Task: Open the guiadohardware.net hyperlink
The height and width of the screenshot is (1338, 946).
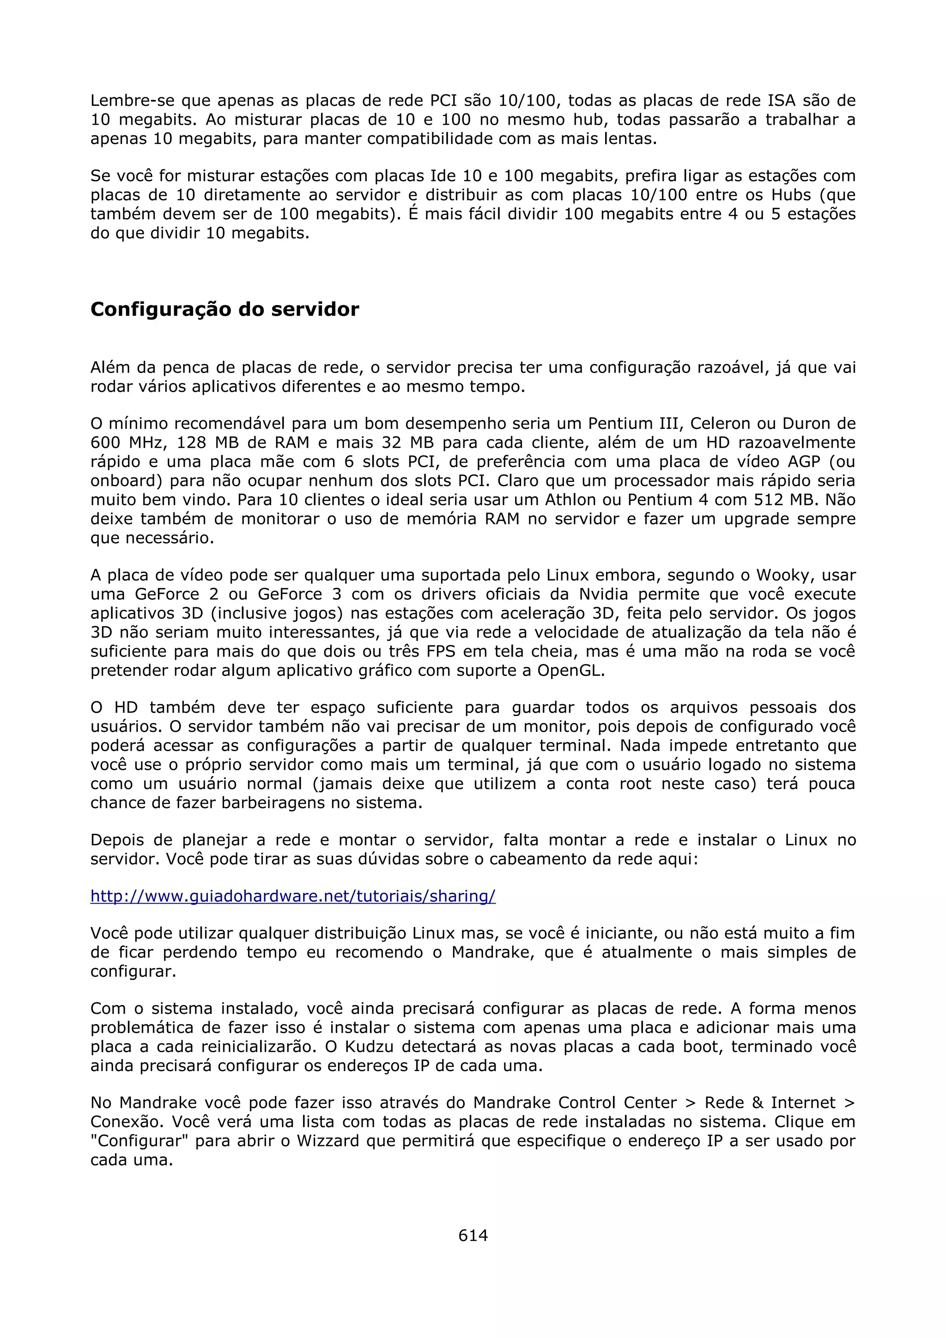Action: click(x=292, y=896)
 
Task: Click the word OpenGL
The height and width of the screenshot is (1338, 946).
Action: click(x=570, y=671)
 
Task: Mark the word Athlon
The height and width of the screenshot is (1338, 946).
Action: click(x=570, y=500)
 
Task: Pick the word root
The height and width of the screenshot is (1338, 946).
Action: click(x=635, y=784)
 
